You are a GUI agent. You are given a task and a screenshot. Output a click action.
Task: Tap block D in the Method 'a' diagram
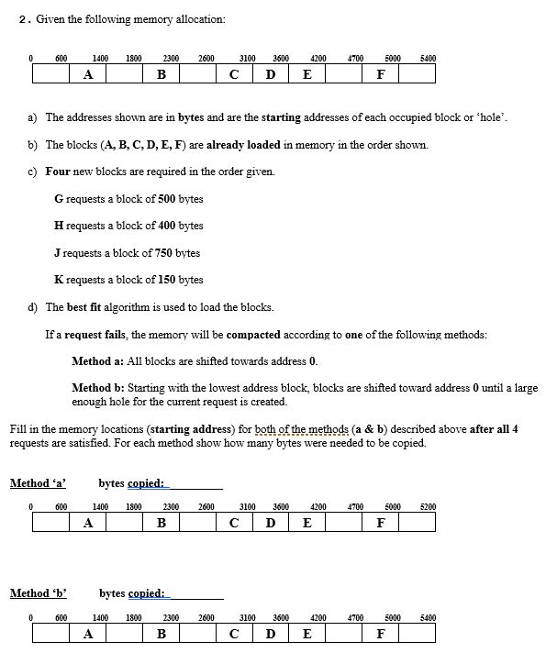tap(271, 523)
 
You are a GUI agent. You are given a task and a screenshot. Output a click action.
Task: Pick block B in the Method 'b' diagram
tap(161, 634)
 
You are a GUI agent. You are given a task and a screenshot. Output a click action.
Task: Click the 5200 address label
tap(428, 505)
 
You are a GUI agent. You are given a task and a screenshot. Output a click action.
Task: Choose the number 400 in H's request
tap(163, 226)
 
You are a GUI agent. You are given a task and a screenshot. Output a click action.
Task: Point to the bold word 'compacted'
tap(253, 335)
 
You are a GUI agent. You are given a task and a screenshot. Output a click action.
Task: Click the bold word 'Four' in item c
tap(58, 172)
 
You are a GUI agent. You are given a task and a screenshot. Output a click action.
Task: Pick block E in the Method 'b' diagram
tap(306, 634)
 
